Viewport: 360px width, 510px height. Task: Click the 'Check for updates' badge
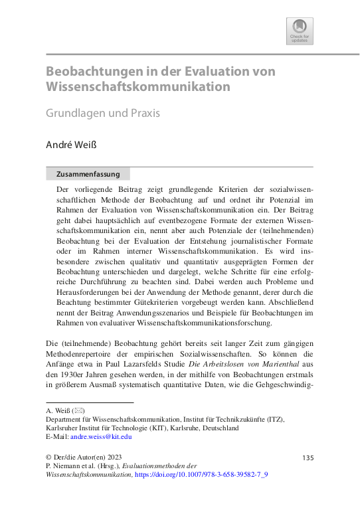[300, 31]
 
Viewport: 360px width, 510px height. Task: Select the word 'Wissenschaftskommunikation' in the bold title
[138, 87]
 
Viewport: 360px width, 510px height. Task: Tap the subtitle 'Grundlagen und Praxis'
[102, 113]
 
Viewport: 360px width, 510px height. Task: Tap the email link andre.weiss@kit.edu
[102, 436]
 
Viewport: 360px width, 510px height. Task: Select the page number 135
[308, 458]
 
